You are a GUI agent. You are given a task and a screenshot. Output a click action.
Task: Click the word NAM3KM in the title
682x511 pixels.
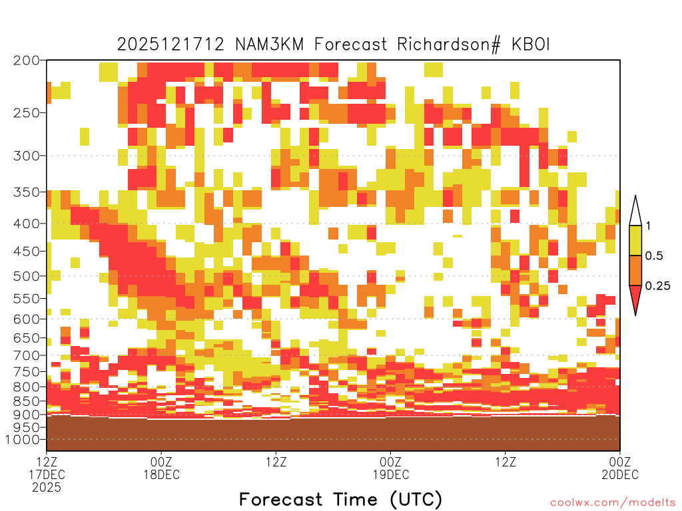(269, 45)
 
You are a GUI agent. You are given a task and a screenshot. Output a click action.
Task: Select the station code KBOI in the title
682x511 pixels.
(531, 45)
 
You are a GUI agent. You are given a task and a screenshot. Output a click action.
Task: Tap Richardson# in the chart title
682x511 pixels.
(449, 45)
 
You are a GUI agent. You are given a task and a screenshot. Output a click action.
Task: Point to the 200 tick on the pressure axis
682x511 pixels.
(27, 61)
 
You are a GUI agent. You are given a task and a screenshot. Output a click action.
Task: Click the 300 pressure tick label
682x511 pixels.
(27, 156)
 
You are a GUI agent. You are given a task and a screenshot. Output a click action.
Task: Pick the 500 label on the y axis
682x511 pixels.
(27, 276)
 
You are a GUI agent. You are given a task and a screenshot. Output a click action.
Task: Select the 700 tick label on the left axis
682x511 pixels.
(27, 355)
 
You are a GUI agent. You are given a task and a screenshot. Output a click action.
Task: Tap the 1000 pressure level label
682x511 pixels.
(23, 440)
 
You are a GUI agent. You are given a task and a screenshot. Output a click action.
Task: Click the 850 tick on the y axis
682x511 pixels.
(27, 401)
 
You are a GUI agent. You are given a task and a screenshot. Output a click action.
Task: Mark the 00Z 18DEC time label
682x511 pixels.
(161, 468)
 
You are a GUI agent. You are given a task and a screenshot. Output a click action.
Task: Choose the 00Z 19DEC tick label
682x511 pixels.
(390, 468)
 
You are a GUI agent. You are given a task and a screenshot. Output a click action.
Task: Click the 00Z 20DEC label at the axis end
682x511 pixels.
(620, 468)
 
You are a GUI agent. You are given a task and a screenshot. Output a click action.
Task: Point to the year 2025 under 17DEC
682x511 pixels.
(47, 487)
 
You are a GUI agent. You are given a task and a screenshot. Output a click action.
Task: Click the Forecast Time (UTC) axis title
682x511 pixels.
(340, 500)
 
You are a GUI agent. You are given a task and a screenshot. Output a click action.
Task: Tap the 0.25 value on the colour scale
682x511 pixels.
(657, 285)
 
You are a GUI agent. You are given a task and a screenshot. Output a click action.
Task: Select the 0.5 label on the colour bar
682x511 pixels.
(654, 255)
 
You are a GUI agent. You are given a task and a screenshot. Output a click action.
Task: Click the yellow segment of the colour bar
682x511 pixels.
(635, 240)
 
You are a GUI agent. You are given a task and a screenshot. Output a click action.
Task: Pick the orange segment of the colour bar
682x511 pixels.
(635, 270)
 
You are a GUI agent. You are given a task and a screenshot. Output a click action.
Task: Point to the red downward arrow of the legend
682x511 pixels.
(635, 297)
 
